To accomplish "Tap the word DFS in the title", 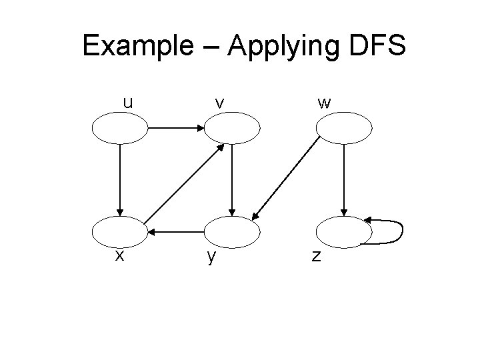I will click(x=373, y=46).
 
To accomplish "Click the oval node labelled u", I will click(x=120, y=127).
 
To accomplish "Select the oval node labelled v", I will click(x=231, y=127).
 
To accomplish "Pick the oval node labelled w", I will click(x=343, y=127).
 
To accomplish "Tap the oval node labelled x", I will click(x=120, y=231).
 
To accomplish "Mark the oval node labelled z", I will click(x=343, y=231).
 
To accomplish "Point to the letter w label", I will click(x=325, y=103).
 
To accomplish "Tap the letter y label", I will click(x=211, y=257).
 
